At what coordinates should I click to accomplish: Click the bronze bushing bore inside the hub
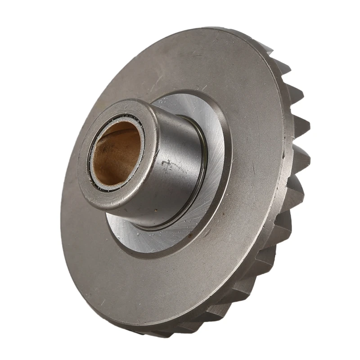click(x=116, y=155)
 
